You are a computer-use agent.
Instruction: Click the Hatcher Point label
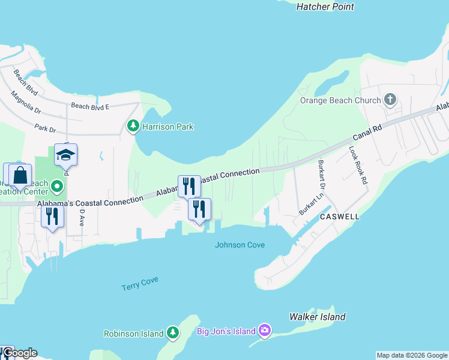(325, 7)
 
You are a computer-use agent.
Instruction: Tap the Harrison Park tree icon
(133, 126)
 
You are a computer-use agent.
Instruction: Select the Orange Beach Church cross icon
(390, 100)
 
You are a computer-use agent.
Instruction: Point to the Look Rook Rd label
(358, 165)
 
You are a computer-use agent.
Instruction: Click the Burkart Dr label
(321, 171)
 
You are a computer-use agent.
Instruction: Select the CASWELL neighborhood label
(339, 216)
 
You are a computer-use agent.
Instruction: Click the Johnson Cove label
(240, 245)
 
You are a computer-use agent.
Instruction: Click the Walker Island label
(317, 316)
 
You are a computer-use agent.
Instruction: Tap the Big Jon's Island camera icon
(265, 331)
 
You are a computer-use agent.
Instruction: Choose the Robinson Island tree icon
(173, 333)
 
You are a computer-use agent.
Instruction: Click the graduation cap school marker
(65, 155)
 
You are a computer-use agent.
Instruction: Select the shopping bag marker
(20, 175)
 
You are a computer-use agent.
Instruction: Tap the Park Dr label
(45, 128)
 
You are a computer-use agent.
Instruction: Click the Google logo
(19, 352)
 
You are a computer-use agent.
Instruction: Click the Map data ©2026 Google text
(412, 355)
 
